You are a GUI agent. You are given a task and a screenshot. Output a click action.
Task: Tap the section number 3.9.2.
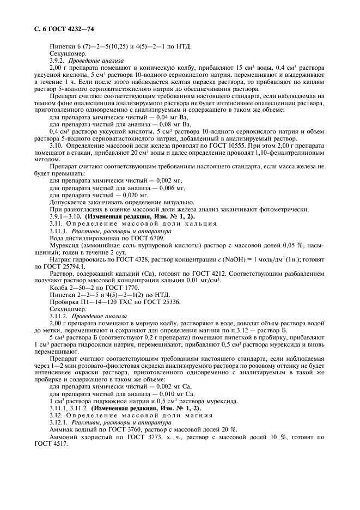click(x=58, y=60)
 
